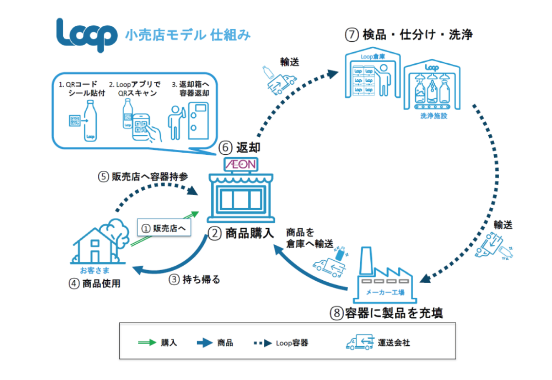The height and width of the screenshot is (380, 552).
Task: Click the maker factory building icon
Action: point(385,275)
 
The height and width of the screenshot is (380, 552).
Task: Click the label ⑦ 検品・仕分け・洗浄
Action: point(408,35)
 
